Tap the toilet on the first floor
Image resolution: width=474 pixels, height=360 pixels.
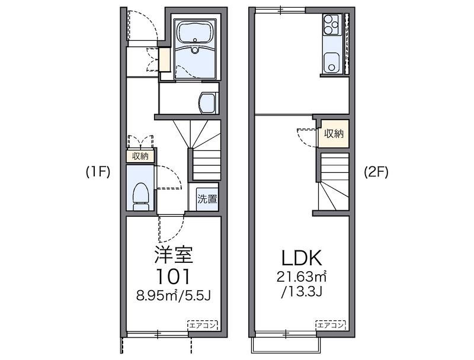[141, 197]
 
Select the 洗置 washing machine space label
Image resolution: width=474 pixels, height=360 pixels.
[207, 199]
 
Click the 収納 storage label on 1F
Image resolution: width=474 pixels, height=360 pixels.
[140, 156]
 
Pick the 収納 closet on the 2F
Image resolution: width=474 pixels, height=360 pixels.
[334, 134]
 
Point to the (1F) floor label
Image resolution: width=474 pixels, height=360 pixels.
[98, 172]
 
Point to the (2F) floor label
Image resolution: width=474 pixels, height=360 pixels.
[376, 172]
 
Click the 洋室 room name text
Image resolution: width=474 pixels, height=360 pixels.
[174, 255]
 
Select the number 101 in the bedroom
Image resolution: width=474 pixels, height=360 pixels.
[174, 277]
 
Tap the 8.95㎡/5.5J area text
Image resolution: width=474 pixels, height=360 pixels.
[173, 296]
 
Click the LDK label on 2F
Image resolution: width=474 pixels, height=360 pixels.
[301, 258]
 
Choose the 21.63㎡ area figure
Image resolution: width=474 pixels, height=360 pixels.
[301, 277]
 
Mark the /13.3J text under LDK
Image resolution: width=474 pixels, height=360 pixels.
[302, 292]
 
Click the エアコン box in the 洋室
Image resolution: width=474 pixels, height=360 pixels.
[203, 325]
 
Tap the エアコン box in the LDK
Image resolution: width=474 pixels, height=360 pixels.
[331, 325]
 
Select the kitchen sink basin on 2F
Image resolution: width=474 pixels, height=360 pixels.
[332, 63]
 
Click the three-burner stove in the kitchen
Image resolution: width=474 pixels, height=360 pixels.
[332, 24]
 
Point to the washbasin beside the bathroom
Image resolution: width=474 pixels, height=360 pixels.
[207, 103]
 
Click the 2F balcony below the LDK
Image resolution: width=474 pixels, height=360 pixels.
[286, 345]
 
